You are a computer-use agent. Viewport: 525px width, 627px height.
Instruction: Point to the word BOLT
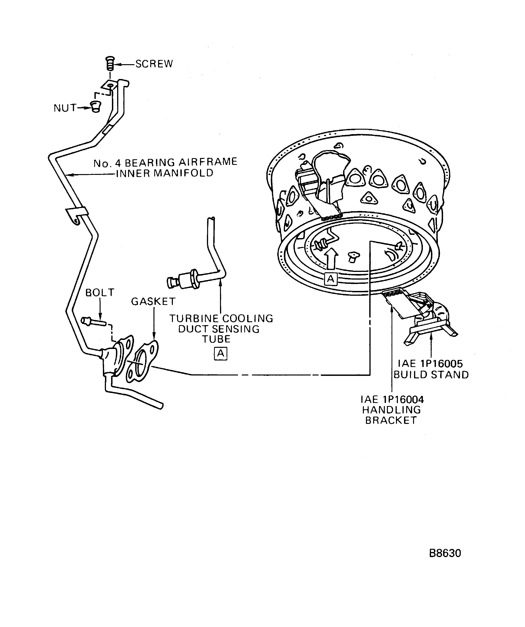click(x=100, y=293)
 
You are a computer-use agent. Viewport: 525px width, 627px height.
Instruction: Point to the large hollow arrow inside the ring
click(x=331, y=258)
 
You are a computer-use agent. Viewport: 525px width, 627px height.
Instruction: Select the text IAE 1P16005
click(x=430, y=364)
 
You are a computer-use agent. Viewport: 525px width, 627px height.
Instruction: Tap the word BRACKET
click(x=391, y=420)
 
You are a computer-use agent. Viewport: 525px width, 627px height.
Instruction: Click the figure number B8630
click(x=445, y=553)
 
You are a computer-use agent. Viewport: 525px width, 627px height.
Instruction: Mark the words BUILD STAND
click(x=431, y=375)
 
